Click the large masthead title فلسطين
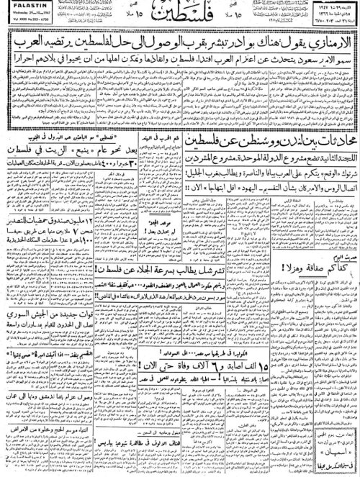tap(179, 14)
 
